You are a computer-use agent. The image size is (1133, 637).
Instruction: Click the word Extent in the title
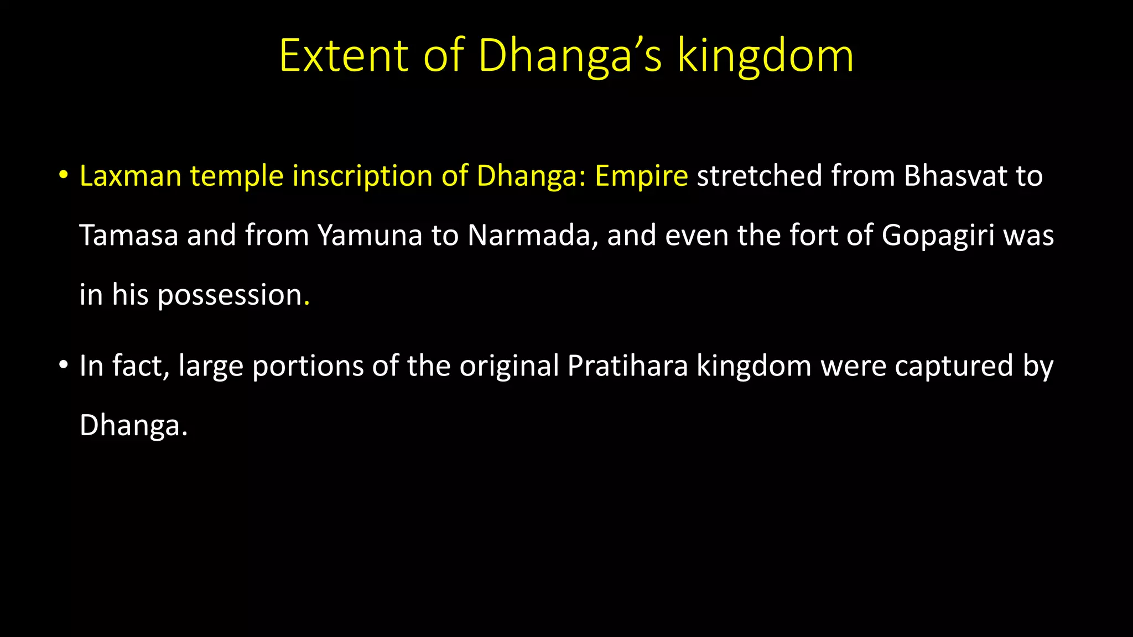344,56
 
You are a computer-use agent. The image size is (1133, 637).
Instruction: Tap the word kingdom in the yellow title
766,56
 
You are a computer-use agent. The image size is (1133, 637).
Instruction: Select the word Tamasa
129,236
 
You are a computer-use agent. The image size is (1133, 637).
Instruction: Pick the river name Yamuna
370,236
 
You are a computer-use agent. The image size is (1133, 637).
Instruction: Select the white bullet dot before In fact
64,366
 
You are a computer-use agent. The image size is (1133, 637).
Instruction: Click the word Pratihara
627,366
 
